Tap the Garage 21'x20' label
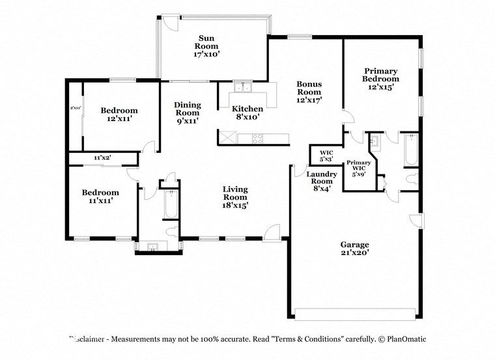click(354, 249)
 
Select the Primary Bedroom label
click(381, 78)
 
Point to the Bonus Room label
click(309, 92)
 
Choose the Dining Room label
click(186, 112)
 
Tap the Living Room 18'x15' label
click(235, 197)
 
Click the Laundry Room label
click(322, 181)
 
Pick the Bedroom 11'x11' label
click(100, 197)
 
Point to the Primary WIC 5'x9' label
click(359, 168)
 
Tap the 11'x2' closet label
click(102, 158)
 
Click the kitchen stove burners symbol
click(257, 138)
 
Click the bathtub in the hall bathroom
click(169, 204)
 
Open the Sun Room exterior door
click(169, 22)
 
